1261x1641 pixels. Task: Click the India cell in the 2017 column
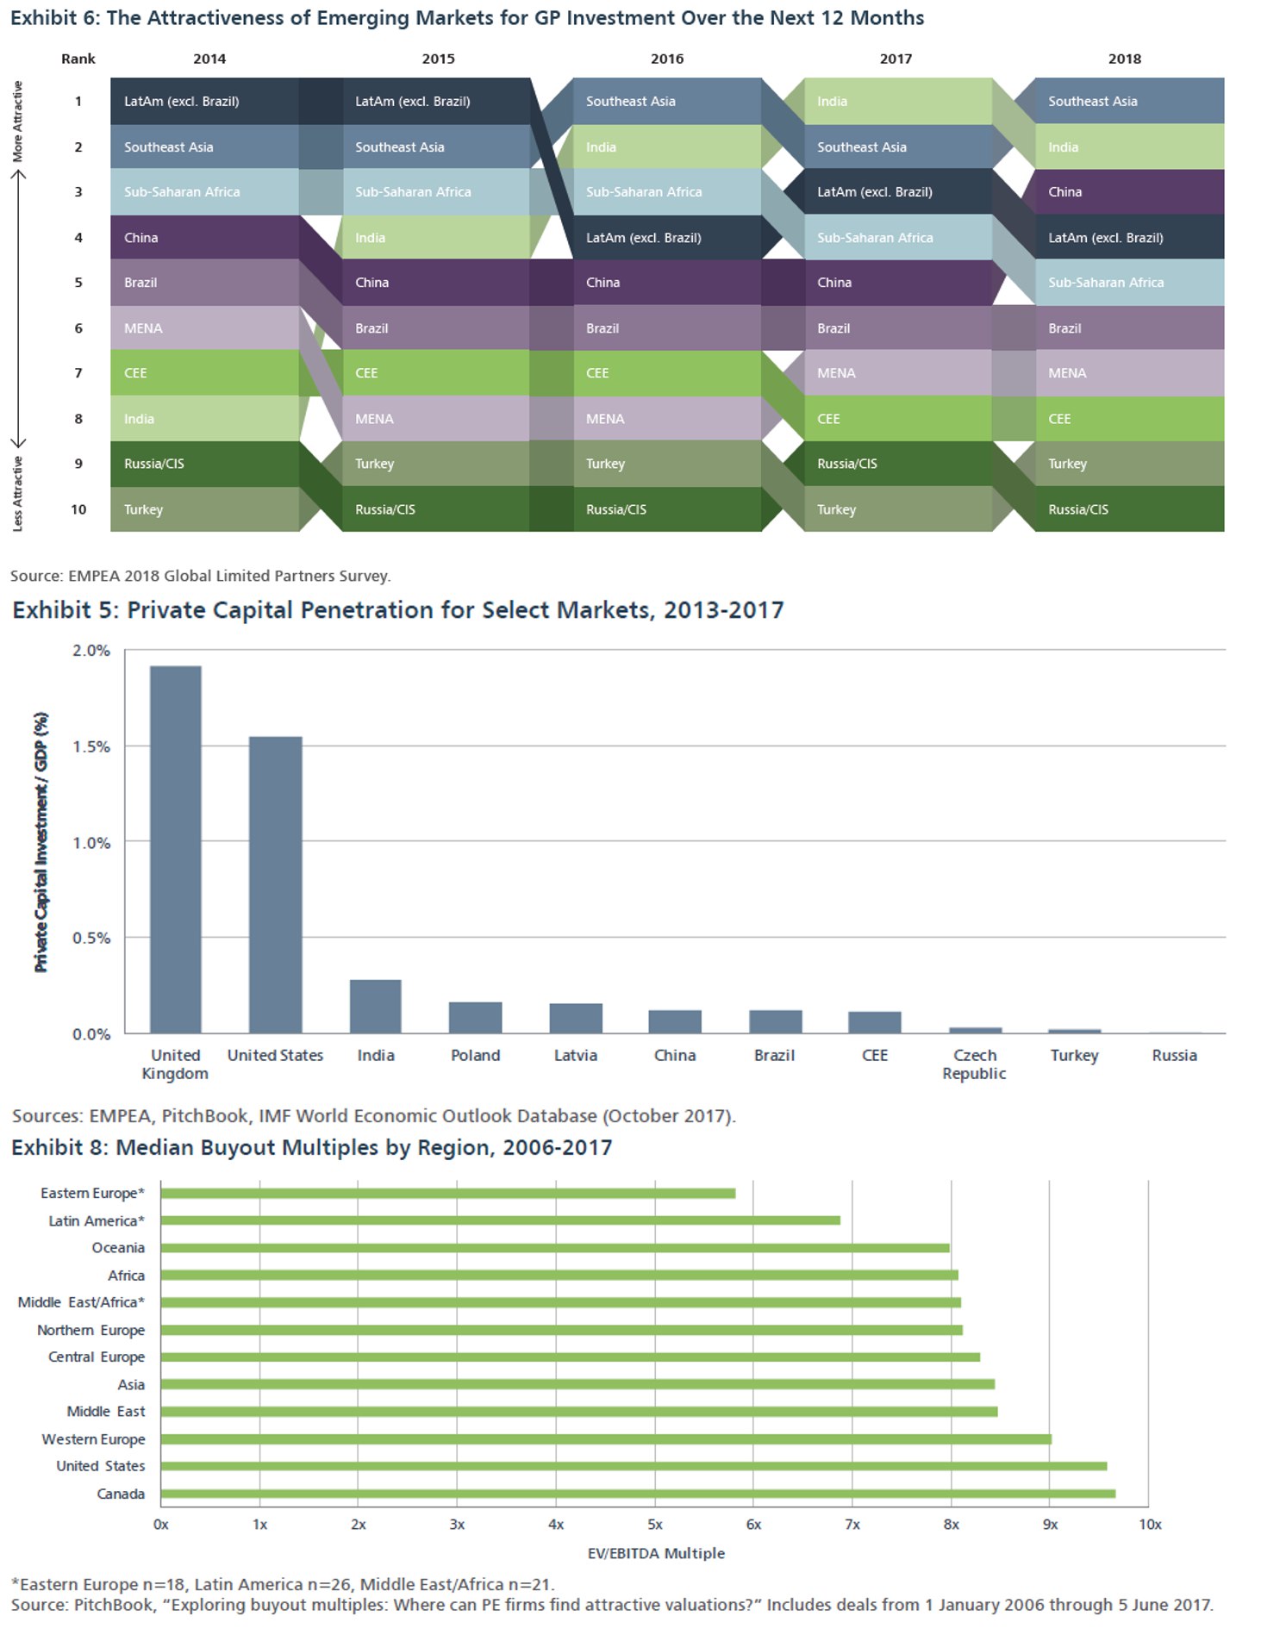click(897, 101)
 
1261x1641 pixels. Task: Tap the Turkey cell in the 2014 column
click(204, 509)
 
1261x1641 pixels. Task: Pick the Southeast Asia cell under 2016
click(666, 101)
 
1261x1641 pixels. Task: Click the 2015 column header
click(438, 59)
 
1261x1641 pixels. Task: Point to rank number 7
click(78, 373)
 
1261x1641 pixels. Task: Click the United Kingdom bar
click(176, 849)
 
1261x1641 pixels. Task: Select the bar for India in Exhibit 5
click(376, 1006)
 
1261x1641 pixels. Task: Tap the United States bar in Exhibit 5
click(276, 884)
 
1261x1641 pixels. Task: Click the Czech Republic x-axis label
click(974, 1064)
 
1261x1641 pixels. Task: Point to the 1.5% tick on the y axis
click(91, 746)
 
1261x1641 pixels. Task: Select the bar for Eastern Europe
click(447, 1194)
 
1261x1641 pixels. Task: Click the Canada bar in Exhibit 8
click(637, 1494)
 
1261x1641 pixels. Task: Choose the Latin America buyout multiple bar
click(500, 1220)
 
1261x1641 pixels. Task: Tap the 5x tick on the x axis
click(655, 1525)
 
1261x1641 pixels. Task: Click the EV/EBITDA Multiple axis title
click(656, 1553)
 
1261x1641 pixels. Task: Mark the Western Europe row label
click(93, 1439)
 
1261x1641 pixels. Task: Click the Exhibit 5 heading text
click(397, 610)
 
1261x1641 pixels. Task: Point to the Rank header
click(78, 59)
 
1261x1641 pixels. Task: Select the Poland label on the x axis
click(475, 1055)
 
